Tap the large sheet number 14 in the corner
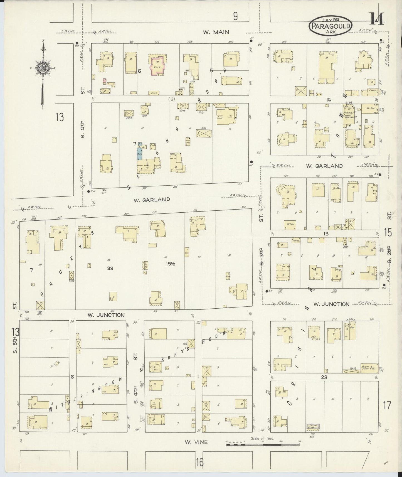pyautogui.click(x=377, y=19)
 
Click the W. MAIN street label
pyautogui.click(x=216, y=32)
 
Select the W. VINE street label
pyautogui.click(x=196, y=442)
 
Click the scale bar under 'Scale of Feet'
pyautogui.click(x=263, y=445)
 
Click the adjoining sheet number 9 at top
pyautogui.click(x=235, y=17)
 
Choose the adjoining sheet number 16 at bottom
pyautogui.click(x=199, y=463)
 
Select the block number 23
pyautogui.click(x=324, y=377)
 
